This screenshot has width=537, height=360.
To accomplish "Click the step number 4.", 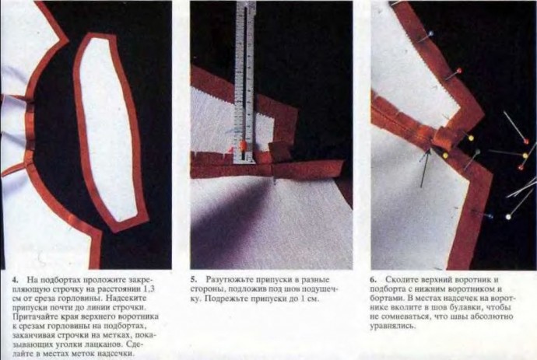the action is tap(14, 280).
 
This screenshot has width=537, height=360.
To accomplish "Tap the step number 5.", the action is tap(192, 280).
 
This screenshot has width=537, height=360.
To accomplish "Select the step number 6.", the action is tap(373, 280).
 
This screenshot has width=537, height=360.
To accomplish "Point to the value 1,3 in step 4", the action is tap(149, 288).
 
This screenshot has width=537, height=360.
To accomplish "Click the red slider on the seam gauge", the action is tap(244, 145).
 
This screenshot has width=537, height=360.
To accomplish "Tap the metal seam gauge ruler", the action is tap(245, 82).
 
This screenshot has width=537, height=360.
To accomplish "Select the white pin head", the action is tap(508, 217).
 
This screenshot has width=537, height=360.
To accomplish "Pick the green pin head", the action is tap(477, 152).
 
